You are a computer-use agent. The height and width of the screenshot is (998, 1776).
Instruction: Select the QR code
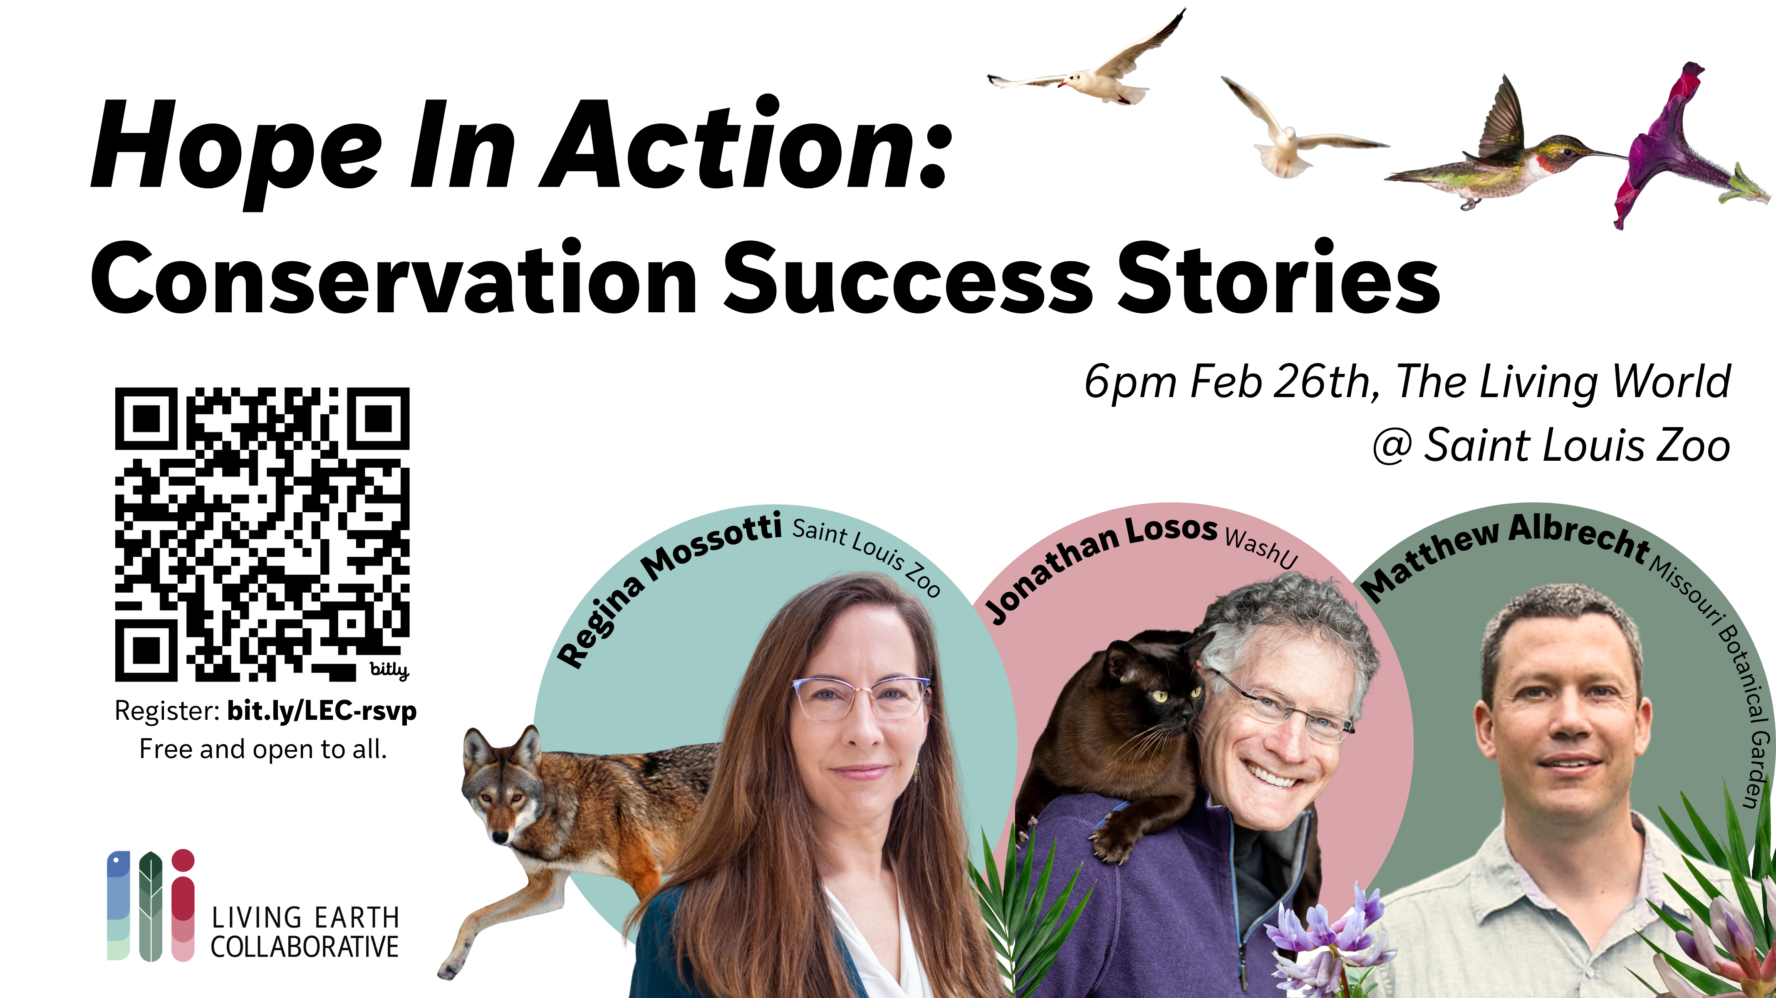(x=262, y=534)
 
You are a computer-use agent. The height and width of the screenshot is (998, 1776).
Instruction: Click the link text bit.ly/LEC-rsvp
(x=322, y=711)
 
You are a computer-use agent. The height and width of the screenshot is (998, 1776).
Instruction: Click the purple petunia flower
(x=1682, y=148)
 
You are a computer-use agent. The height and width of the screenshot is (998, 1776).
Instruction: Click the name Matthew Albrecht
(x=1503, y=551)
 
